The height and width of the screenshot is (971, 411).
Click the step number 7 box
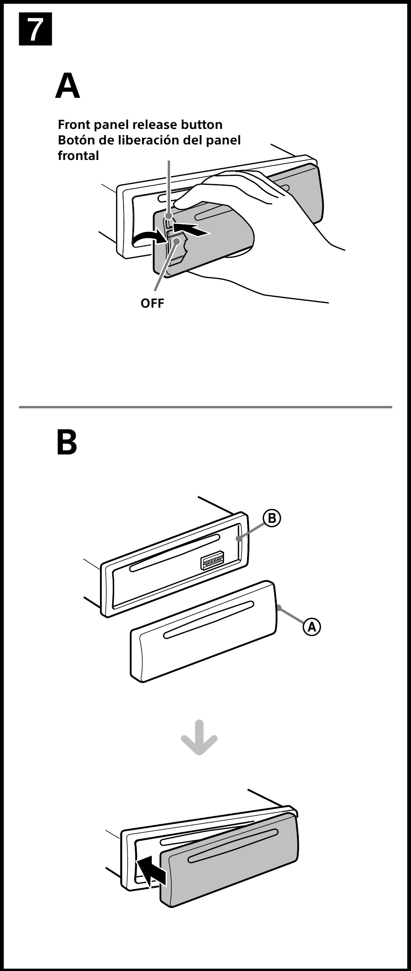pos(35,30)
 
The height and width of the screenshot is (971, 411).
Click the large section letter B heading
pos(67,442)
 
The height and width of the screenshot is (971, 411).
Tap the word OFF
pos(153,303)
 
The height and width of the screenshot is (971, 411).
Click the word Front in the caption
pos(73,125)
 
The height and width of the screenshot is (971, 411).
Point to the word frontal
pos(78,156)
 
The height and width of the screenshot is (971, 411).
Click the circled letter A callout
pos(311,627)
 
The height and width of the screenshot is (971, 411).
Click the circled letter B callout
pos(271,518)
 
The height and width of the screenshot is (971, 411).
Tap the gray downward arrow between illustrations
pos(199,737)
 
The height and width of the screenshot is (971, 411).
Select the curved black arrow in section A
pos(148,239)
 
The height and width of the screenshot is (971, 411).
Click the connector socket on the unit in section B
pos(212,561)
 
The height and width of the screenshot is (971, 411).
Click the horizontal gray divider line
pos(205,406)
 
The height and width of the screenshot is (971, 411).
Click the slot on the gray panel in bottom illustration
pos(233,846)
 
